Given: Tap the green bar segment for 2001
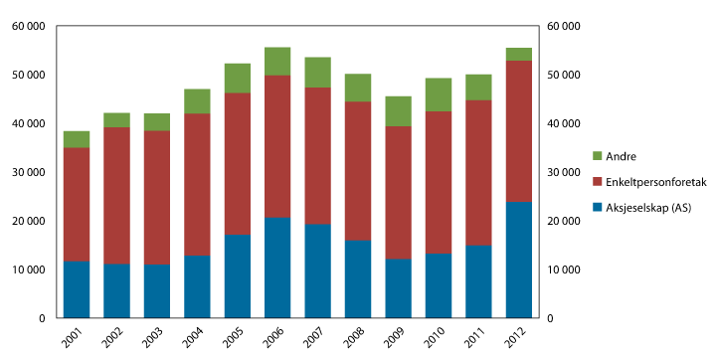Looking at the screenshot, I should [x=77, y=139].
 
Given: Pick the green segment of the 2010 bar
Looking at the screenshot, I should [x=438, y=94].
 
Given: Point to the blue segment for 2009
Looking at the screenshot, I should [x=398, y=288].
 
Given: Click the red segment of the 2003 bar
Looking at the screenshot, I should [x=157, y=197].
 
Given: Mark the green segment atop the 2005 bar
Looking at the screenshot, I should [x=237, y=78].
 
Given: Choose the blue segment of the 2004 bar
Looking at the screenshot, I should [x=197, y=286].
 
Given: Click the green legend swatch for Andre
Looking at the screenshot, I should [x=598, y=156].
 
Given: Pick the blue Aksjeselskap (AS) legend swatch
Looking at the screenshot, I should [x=598, y=207].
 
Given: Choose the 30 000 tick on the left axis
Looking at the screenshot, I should [x=29, y=172].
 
